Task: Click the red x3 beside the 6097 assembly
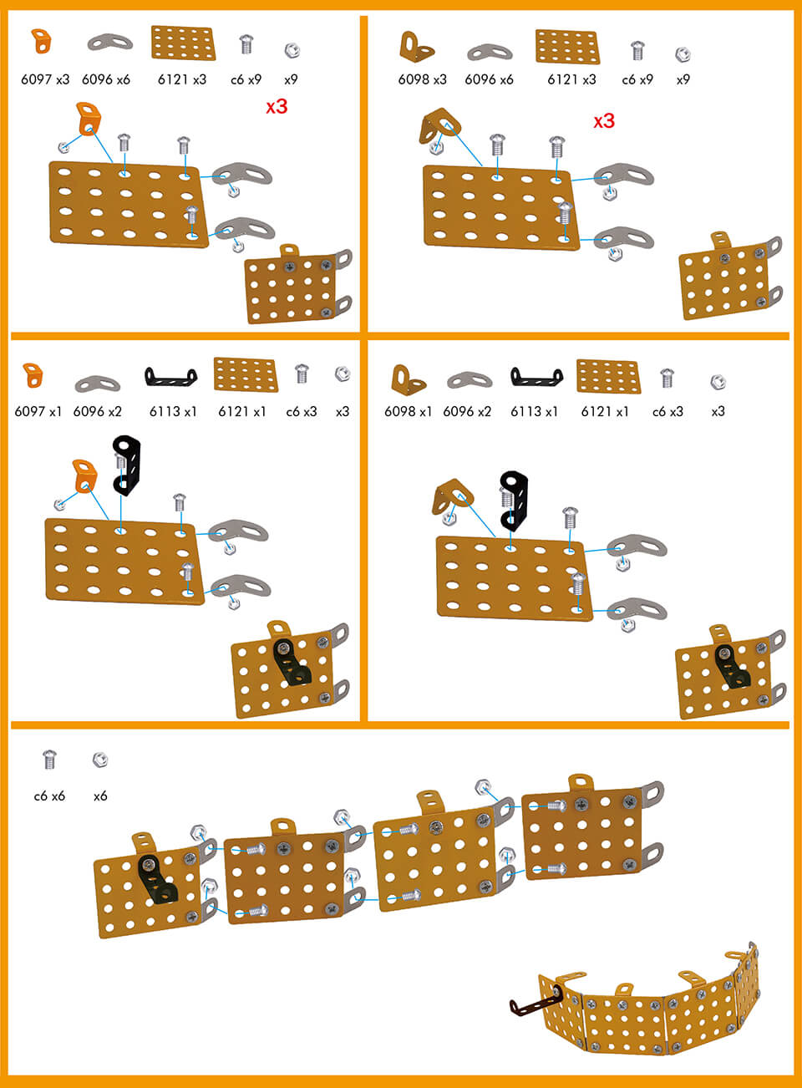[x=277, y=107]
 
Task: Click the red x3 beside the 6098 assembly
[x=603, y=121]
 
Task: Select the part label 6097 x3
[x=45, y=79]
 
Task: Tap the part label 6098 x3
[x=422, y=79]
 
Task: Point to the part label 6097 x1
[x=38, y=411]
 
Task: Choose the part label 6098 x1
[x=408, y=411]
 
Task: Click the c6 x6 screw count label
[x=49, y=796]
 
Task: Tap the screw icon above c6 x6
[x=49, y=760]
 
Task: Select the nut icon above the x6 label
[x=100, y=760]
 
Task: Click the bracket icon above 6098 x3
[x=416, y=47]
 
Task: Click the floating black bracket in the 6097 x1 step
[x=127, y=465]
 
